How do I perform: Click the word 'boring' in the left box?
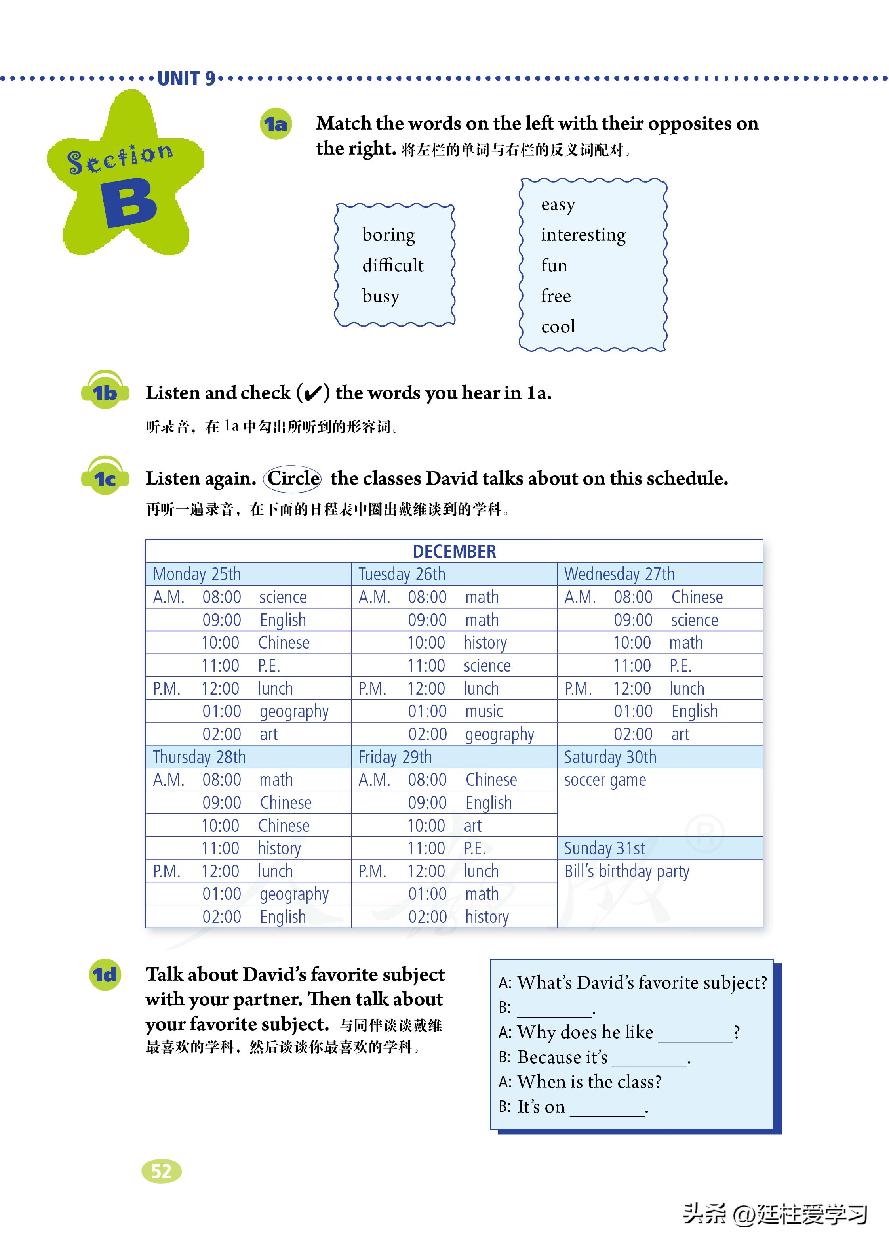click(388, 235)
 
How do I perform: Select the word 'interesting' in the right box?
click(583, 235)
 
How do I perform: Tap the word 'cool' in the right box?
click(558, 327)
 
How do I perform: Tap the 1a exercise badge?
click(275, 124)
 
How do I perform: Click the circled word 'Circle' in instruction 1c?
click(293, 478)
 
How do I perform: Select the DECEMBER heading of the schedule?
click(454, 551)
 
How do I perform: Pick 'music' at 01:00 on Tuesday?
click(484, 711)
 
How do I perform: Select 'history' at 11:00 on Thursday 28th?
click(279, 848)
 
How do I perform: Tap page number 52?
click(162, 1171)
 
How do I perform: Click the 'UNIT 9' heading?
click(186, 79)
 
